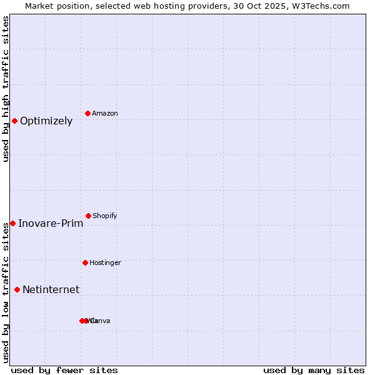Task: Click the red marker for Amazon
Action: [87, 113]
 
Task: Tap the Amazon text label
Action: [105, 114]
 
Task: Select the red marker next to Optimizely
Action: [15, 121]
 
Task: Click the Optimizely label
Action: [46, 121]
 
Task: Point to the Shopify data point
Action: [88, 216]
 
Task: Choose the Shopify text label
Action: [105, 216]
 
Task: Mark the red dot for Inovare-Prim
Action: [12, 223]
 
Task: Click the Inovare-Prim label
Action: [51, 224]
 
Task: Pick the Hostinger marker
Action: [85, 262]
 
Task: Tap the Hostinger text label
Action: [105, 263]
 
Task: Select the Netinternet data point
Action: [17, 289]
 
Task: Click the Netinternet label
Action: [51, 290]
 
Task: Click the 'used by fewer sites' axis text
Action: [64, 370]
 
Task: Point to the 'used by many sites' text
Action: [314, 370]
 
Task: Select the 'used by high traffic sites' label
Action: [6, 89]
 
